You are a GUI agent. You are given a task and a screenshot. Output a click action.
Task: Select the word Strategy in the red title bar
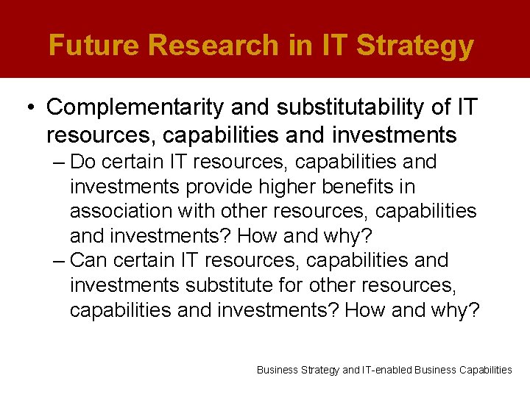coord(415,46)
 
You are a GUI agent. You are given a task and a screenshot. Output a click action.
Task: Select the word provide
coord(225,186)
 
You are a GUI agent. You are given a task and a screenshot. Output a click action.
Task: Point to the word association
coord(121,211)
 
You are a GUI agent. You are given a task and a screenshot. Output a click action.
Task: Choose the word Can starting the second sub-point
coord(89,260)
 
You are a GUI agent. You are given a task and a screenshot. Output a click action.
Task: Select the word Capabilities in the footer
coord(484,370)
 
